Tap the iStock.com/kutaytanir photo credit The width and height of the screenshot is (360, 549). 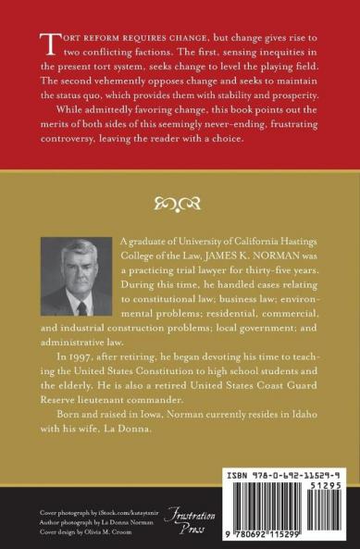tap(115, 513)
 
